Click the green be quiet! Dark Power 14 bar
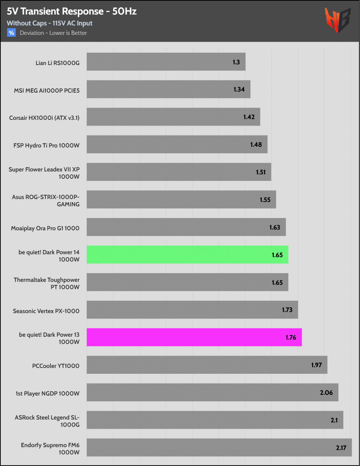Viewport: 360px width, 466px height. pyautogui.click(x=187, y=255)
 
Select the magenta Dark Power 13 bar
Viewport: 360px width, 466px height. pyautogui.click(x=194, y=337)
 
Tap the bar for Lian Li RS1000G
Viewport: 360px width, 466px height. pyautogui.click(x=166, y=62)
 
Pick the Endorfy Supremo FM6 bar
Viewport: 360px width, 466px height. pyautogui.click(x=219, y=447)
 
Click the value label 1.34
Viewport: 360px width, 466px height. pyautogui.click(x=239, y=89)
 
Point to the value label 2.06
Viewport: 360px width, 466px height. pyautogui.click(x=326, y=393)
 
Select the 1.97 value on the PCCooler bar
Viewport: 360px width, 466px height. pyautogui.click(x=316, y=365)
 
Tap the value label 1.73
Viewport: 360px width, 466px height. pyautogui.click(x=287, y=310)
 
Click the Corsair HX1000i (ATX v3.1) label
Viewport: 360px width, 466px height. pyautogui.click(x=44, y=118)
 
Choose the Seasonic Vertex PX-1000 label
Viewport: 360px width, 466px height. pyautogui.click(x=46, y=311)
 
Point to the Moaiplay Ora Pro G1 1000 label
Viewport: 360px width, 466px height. pyautogui.click(x=45, y=228)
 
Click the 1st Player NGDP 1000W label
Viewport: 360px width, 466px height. pyautogui.click(x=47, y=393)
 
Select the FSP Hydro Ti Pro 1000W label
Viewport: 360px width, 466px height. pyautogui.click(x=46, y=145)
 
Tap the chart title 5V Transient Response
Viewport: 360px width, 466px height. pyautogui.click(x=72, y=11)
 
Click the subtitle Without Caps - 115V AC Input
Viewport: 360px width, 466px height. pyautogui.click(x=49, y=23)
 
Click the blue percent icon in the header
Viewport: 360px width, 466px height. pyautogui.click(x=11, y=33)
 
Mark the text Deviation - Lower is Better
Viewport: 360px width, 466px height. pyautogui.click(x=53, y=33)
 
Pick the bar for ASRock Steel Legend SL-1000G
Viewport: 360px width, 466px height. pyautogui.click(x=215, y=420)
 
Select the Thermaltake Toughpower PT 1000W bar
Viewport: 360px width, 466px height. pyautogui.click(x=187, y=282)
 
